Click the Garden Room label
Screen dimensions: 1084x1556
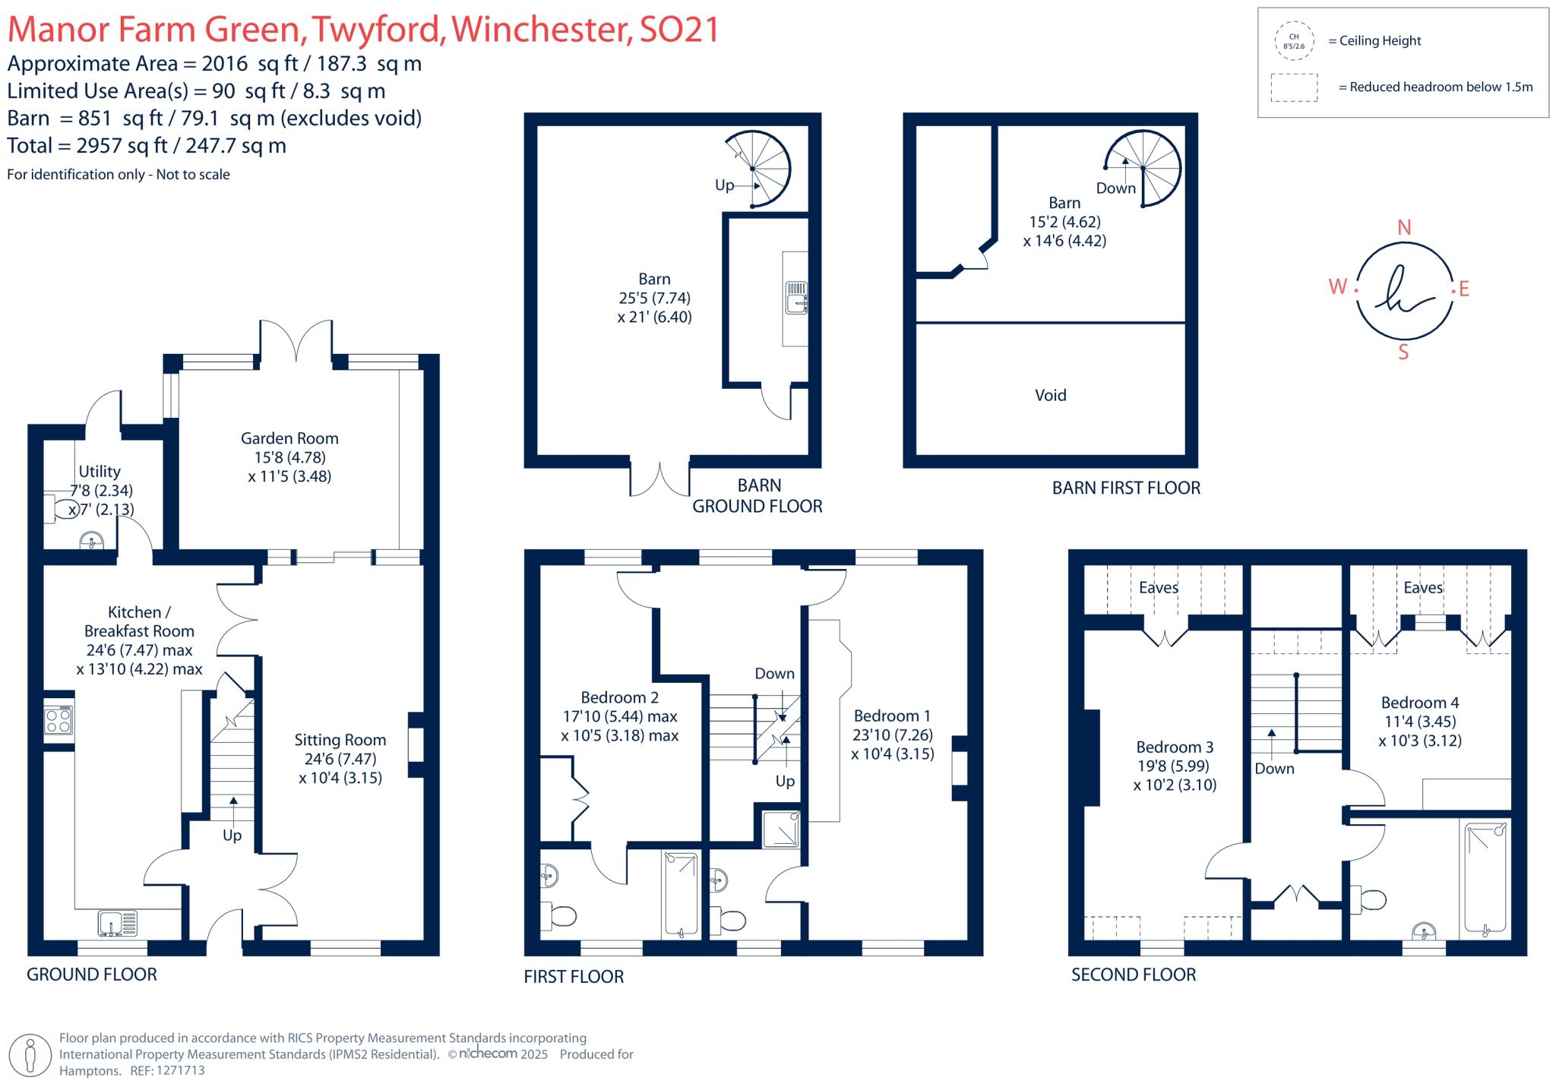click(289, 438)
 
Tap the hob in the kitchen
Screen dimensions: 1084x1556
click(59, 719)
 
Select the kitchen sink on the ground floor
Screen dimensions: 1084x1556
click(118, 923)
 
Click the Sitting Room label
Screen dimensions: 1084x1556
click(340, 740)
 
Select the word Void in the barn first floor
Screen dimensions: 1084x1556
click(1050, 395)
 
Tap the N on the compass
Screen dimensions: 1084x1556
click(1404, 227)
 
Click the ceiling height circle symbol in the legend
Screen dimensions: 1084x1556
click(1294, 41)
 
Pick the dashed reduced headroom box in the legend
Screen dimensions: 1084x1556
click(1294, 87)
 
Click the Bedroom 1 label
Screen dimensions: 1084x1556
click(891, 716)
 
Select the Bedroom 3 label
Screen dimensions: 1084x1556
click(1174, 747)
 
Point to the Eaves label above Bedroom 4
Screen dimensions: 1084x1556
click(1422, 587)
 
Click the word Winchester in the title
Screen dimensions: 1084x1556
click(542, 30)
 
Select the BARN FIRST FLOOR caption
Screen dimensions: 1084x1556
click(1125, 488)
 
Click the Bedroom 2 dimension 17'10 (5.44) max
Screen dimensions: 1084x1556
click(619, 716)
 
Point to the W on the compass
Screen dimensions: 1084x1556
click(1337, 286)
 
